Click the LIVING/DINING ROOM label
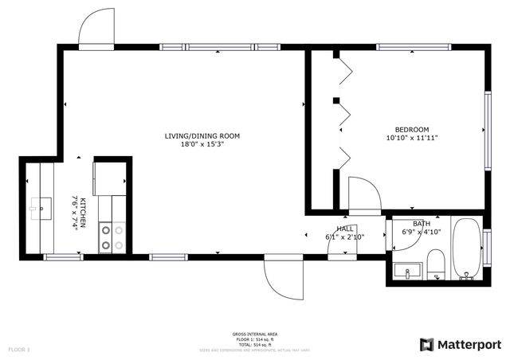point(202,135)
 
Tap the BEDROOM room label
point(412,130)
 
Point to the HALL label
point(345,229)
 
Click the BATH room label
point(421,224)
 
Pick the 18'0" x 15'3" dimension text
point(202,144)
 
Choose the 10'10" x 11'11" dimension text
point(412,138)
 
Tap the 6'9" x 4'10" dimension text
point(421,232)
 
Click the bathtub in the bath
point(467,249)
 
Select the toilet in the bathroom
point(436,264)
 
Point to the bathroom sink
point(407,271)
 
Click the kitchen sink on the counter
point(38,209)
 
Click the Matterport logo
point(461,344)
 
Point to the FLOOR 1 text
point(19,350)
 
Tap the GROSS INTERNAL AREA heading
point(255,334)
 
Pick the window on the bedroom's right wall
point(487,127)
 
